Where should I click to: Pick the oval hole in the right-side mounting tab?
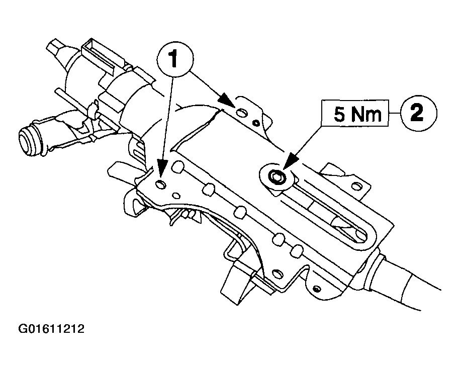[x=356, y=187]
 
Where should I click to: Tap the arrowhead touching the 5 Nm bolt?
[x=287, y=166]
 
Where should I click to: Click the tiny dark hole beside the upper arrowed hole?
[x=256, y=122]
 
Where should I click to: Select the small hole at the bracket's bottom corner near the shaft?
[x=316, y=288]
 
